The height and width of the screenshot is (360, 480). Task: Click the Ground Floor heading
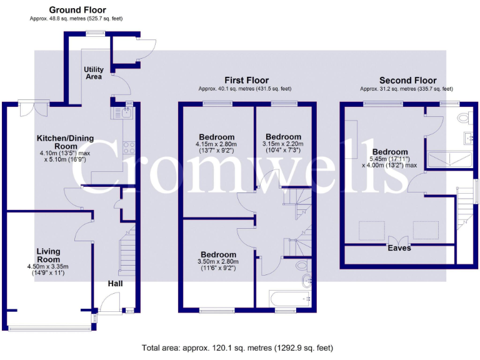(x=77, y=10)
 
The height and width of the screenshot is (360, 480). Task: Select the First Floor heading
(x=246, y=80)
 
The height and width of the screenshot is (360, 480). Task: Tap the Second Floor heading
(x=407, y=80)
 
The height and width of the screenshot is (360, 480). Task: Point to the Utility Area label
(x=93, y=73)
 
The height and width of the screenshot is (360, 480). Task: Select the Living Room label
(x=48, y=255)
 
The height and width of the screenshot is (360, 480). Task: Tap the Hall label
(x=114, y=284)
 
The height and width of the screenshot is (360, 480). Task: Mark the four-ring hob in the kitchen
(x=129, y=148)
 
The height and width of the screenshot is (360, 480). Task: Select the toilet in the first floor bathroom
(x=304, y=279)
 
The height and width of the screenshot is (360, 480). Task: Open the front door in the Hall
(x=107, y=306)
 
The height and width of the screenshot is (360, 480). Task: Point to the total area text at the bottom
(x=237, y=347)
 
